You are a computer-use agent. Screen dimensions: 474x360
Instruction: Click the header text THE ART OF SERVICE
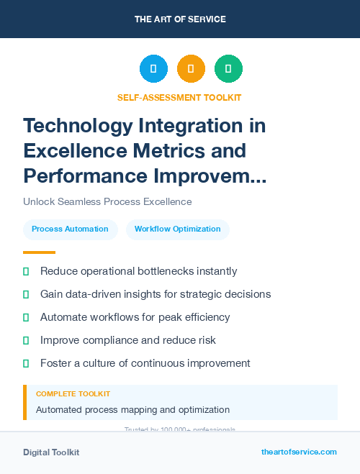pyautogui.click(x=180, y=19)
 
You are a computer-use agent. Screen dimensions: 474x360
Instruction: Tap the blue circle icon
pyautogui.click(x=153, y=69)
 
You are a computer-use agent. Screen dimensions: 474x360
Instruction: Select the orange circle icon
pyautogui.click(x=191, y=69)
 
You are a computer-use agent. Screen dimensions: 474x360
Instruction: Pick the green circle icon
pyautogui.click(x=228, y=69)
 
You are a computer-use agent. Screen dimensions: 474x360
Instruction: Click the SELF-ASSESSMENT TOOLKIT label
pyautogui.click(x=179, y=97)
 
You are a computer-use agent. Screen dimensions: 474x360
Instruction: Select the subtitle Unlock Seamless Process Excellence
pyautogui.click(x=107, y=202)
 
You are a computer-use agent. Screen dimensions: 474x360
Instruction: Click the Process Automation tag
pyautogui.click(x=70, y=229)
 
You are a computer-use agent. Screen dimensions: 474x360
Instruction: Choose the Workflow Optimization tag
pyautogui.click(x=177, y=229)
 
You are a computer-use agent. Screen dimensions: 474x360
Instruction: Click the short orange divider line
pyautogui.click(x=39, y=252)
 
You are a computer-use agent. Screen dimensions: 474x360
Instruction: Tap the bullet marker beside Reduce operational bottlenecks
pyautogui.click(x=26, y=272)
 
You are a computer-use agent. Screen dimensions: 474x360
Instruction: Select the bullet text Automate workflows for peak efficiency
pyautogui.click(x=135, y=317)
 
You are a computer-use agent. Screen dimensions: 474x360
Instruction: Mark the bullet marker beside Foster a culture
pyautogui.click(x=26, y=363)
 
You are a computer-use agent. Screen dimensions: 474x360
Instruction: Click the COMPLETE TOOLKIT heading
pyautogui.click(x=73, y=394)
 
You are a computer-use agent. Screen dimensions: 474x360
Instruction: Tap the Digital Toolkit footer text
pyautogui.click(x=51, y=452)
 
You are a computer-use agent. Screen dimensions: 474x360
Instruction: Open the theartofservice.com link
pyautogui.click(x=299, y=452)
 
